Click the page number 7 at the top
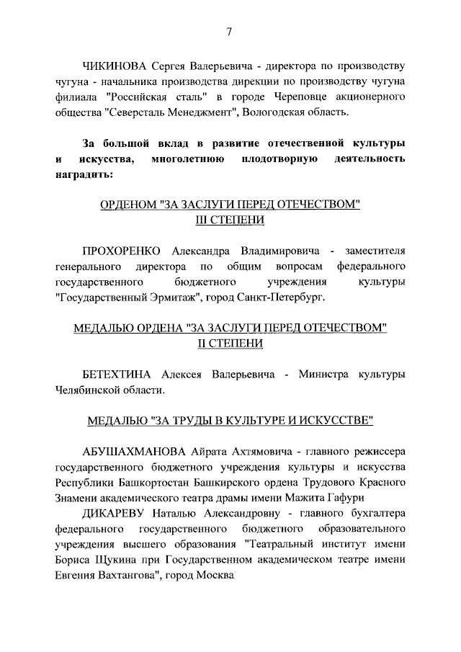coord(229,32)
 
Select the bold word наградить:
coord(83,174)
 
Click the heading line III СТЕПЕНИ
coord(230,220)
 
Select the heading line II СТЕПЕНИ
coord(230,344)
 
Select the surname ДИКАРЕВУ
coord(114,514)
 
